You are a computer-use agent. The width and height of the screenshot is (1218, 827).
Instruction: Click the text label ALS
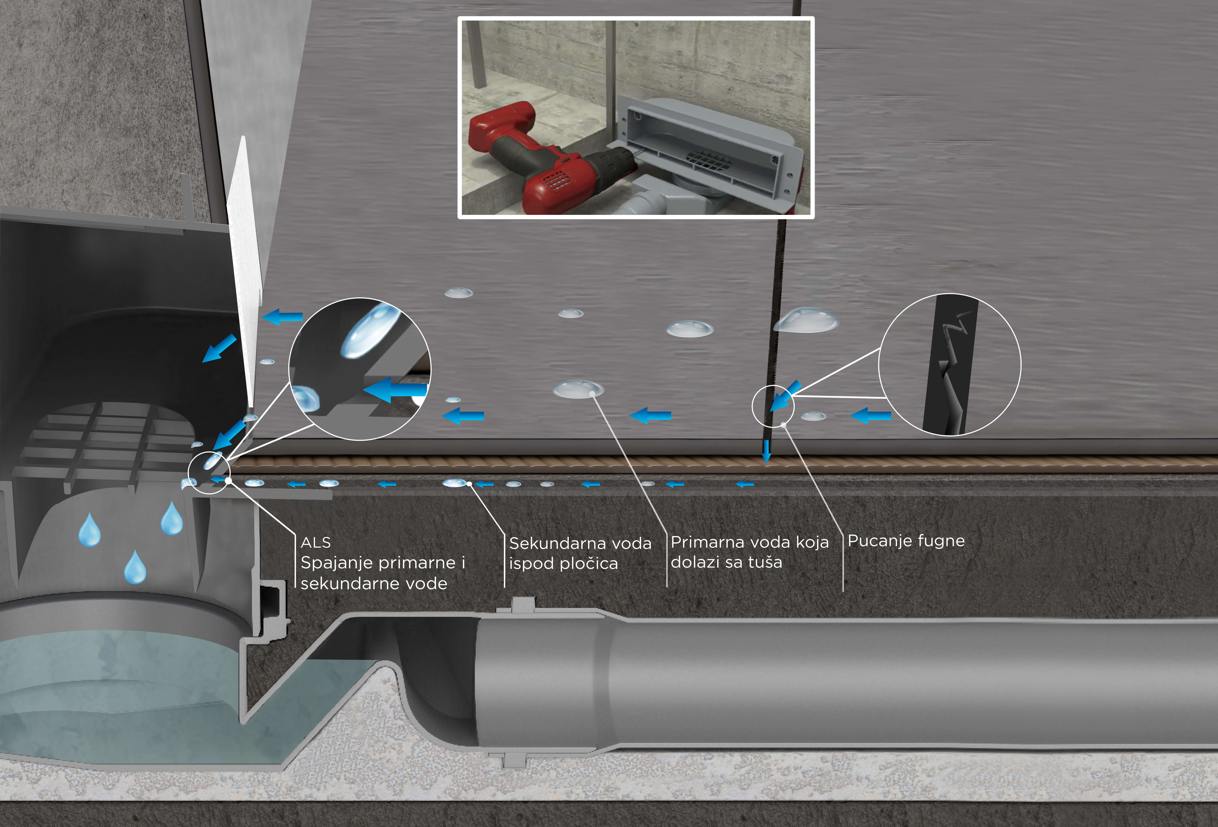pyautogui.click(x=316, y=542)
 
